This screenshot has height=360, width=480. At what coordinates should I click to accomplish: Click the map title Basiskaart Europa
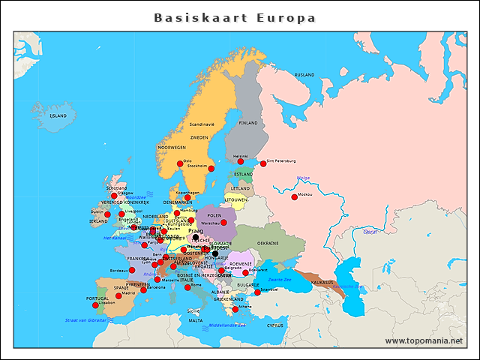(x=235, y=17)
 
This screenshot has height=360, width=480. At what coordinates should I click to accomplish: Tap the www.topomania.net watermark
(x=424, y=340)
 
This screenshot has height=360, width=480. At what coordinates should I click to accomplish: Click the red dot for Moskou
(x=294, y=197)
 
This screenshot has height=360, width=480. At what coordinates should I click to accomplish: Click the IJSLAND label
(x=58, y=116)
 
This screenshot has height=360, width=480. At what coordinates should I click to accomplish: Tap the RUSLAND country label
(x=304, y=75)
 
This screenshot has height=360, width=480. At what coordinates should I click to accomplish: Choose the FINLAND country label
(x=247, y=123)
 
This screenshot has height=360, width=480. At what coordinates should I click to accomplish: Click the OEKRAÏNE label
(x=268, y=243)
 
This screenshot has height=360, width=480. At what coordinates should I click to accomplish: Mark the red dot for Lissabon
(x=95, y=305)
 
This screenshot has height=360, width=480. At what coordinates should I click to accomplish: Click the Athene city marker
(x=235, y=309)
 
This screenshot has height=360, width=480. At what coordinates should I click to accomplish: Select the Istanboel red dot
(x=257, y=292)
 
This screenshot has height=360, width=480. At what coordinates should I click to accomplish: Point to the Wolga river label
(x=304, y=178)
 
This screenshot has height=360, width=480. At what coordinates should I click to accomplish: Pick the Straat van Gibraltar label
(x=87, y=320)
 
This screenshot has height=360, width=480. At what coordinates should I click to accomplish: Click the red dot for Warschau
(x=223, y=223)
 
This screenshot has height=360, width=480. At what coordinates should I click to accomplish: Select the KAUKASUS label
(x=322, y=282)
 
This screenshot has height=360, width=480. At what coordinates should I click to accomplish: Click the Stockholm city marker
(x=211, y=169)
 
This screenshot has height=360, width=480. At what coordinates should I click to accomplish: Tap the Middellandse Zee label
(x=227, y=325)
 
